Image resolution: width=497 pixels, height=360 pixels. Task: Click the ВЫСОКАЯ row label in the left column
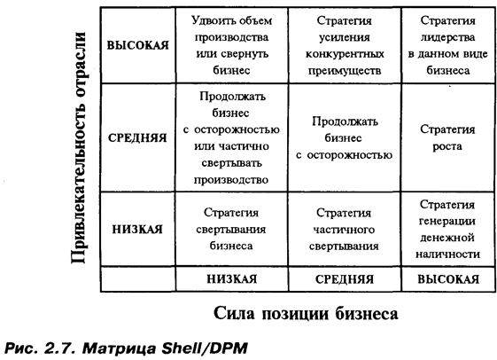[138, 45]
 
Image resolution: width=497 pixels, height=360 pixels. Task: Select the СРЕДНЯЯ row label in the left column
[138, 138]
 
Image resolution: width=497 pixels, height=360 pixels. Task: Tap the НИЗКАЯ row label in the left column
[138, 229]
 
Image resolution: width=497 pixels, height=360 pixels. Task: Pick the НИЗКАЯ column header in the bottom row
[232, 278]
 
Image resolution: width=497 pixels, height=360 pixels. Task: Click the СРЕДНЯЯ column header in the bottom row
[345, 279]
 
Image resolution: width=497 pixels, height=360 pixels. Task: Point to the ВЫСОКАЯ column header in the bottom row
[448, 279]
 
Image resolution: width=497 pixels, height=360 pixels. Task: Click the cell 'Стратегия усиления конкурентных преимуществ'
[345, 46]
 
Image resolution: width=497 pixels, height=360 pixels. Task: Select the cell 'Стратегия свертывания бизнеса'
[232, 229]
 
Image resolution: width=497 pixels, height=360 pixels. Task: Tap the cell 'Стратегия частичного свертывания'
[345, 229]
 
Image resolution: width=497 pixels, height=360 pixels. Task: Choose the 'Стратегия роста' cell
[448, 137]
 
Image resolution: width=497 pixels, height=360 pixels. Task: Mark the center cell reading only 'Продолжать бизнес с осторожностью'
[345, 137]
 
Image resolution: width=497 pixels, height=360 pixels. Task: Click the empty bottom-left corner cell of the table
[138, 278]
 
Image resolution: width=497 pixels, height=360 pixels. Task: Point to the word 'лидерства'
[447, 37]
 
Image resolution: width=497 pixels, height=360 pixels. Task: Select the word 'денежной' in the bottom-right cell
[447, 238]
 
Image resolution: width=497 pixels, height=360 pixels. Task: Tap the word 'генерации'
[447, 221]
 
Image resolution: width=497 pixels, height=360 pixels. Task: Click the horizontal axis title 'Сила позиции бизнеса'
[306, 314]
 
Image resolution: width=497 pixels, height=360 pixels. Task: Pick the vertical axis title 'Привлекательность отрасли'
[78, 147]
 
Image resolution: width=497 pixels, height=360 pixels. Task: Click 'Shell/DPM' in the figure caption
[205, 348]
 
